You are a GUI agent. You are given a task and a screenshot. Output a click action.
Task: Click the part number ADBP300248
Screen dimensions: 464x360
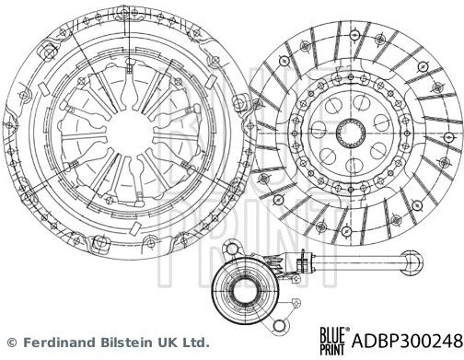tap(407, 341)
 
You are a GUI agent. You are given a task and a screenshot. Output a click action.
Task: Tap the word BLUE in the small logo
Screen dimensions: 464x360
tap(332, 334)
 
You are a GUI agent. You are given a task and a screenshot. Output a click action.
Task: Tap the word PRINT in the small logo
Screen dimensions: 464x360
tap(332, 350)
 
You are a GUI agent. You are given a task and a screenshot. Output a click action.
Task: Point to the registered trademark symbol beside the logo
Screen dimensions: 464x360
tap(347, 329)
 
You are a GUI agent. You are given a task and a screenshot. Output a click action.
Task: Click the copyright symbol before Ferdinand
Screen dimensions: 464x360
tap(11, 342)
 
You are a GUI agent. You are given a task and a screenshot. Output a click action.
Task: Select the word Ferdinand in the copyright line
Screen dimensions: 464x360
tap(61, 342)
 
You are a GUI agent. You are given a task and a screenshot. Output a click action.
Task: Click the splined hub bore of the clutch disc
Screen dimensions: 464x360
tap(351, 133)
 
